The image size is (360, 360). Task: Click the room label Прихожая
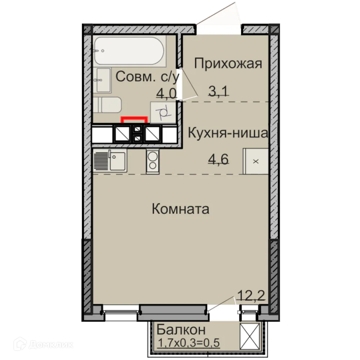228,64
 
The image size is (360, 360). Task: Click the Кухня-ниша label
228,133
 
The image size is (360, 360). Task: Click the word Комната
180,209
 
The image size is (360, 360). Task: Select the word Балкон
181,329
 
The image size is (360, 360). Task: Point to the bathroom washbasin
103,80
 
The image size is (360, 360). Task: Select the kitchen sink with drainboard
110,161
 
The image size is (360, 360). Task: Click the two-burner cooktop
153,161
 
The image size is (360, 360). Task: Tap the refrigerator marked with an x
256,161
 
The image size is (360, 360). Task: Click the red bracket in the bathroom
134,119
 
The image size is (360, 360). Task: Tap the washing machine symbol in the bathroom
162,112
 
